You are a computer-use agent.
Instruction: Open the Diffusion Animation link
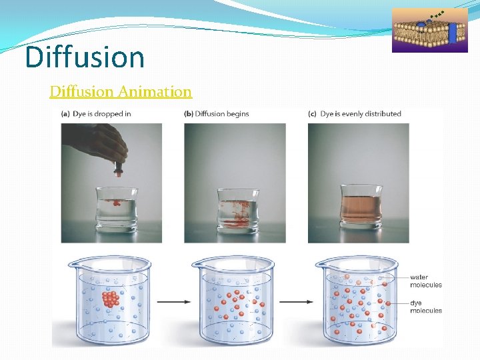point(121,91)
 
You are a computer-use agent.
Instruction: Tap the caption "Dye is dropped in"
point(101,114)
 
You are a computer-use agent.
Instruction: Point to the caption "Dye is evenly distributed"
point(361,114)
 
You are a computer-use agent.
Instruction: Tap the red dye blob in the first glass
point(117,202)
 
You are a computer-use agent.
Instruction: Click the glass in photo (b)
point(235,210)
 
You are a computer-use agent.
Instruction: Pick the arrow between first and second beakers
point(173,302)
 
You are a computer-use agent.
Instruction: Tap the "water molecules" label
point(425,281)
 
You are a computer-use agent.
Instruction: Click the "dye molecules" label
point(425,307)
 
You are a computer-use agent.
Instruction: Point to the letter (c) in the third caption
point(312,114)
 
